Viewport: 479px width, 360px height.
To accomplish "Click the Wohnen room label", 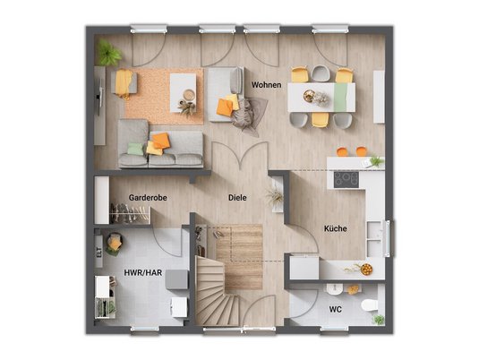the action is (267, 85).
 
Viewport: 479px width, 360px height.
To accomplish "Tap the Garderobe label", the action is (148, 198).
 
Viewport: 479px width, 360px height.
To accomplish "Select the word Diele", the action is (237, 198).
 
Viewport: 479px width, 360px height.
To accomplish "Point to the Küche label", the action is (336, 228).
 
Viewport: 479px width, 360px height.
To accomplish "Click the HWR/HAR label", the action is (143, 272).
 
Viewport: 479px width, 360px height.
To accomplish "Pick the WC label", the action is (336, 309).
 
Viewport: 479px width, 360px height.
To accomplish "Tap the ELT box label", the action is (98, 253).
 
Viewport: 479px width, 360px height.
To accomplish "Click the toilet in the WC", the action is (370, 305).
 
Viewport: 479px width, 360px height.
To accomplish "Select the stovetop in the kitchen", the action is (346, 179).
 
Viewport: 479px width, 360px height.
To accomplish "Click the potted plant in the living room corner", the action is (108, 53).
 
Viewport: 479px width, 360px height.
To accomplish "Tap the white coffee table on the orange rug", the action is (183, 92).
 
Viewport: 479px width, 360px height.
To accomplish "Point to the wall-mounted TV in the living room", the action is (99, 97).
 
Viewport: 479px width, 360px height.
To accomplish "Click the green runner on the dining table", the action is (340, 98).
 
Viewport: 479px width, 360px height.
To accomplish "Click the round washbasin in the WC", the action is (335, 289).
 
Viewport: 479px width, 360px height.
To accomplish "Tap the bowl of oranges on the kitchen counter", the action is (366, 270).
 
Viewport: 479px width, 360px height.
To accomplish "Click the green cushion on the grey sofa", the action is (135, 149).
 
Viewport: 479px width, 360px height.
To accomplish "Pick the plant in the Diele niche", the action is (276, 196).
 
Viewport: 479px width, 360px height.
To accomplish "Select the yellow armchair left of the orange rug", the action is (124, 82).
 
